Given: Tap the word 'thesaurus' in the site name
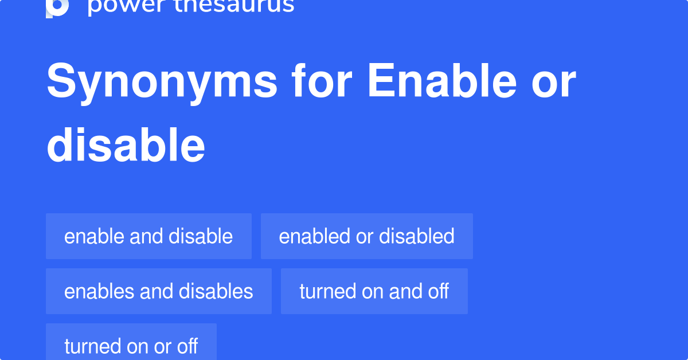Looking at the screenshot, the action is (x=234, y=6).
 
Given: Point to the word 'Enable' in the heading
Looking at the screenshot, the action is (x=442, y=80).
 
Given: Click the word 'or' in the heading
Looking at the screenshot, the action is (x=553, y=84).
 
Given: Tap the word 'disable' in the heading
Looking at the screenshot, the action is (x=126, y=144).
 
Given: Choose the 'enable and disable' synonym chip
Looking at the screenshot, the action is (x=148, y=236).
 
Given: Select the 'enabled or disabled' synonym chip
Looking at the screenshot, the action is (x=367, y=236).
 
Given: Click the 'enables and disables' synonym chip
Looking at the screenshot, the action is (x=159, y=291).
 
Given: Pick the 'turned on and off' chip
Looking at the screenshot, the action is (x=374, y=291).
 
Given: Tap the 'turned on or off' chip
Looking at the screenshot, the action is (x=131, y=342).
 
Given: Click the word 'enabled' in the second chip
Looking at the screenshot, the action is (x=315, y=236).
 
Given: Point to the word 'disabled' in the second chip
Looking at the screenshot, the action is (x=416, y=236).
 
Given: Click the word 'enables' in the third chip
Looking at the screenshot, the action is (x=99, y=291).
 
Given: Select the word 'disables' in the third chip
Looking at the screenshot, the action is (x=216, y=291).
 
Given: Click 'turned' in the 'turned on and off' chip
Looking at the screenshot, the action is (x=328, y=291).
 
